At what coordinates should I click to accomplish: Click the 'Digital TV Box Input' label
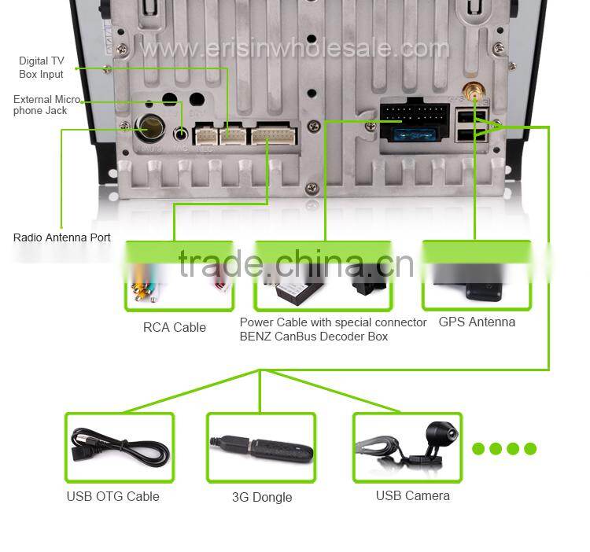[x=42, y=67]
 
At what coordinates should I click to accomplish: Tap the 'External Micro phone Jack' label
[x=46, y=105]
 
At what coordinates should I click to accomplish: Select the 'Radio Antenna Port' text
[x=62, y=237]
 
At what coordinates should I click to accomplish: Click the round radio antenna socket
[x=148, y=127]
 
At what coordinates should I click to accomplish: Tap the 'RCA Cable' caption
[x=175, y=327]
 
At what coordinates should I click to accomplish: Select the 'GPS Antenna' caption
[x=477, y=322]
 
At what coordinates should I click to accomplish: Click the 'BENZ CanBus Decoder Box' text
[x=314, y=337]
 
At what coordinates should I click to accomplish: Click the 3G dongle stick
[x=261, y=448]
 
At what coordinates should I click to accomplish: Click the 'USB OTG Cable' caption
[x=112, y=496]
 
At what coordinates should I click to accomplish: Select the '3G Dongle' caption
[x=262, y=497]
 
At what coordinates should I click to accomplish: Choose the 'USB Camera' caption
[x=412, y=495]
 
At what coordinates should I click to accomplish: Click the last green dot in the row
[x=530, y=449]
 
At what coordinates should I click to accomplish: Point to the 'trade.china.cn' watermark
[x=295, y=265]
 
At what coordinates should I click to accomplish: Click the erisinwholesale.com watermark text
[x=295, y=49]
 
